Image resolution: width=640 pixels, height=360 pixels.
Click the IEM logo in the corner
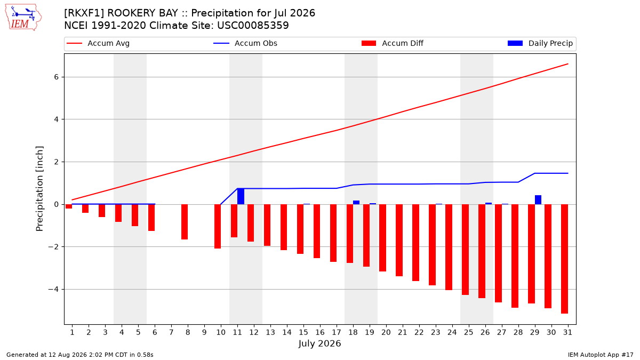[23, 18]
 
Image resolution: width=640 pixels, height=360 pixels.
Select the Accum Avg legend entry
[98, 43]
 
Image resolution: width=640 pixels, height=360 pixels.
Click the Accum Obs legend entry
[245, 43]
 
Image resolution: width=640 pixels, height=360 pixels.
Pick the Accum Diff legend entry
[393, 43]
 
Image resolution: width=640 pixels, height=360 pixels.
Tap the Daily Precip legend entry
[540, 43]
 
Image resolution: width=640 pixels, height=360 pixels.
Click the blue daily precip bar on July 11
[241, 196]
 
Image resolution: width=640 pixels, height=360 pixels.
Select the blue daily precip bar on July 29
[538, 199]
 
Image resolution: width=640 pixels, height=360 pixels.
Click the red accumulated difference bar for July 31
[564, 259]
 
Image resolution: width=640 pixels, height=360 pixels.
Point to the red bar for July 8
[185, 222]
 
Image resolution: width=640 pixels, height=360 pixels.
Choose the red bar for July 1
[69, 206]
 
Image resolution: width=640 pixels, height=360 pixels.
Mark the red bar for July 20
[382, 238]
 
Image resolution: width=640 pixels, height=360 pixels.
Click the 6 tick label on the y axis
[57, 77]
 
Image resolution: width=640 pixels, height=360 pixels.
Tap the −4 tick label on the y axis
[53, 290]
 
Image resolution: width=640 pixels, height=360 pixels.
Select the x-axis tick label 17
[337, 332]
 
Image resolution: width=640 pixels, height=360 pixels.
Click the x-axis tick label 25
[469, 332]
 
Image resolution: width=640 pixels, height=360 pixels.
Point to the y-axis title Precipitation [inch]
[39, 189]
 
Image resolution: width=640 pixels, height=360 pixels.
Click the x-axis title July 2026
[319, 343]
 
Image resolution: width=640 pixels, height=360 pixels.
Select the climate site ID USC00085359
[253, 26]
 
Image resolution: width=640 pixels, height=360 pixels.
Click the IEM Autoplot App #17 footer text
[601, 355]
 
